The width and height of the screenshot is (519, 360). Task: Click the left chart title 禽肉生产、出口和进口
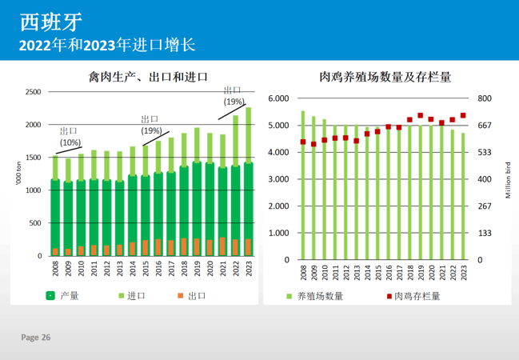[149, 78]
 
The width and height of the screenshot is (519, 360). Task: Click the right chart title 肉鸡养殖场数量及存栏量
[385, 78]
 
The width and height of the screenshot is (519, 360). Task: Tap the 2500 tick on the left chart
[33, 92]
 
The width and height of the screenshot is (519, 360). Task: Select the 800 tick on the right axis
[485, 98]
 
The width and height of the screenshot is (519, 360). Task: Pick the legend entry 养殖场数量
[320, 296]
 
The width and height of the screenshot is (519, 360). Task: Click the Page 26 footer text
[35, 338]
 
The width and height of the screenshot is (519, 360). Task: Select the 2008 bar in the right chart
[303, 184]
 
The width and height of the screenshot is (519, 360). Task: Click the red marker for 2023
[463, 115]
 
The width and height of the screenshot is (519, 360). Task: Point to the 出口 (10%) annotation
[70, 136]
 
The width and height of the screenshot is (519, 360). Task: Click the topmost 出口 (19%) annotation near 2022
[234, 96]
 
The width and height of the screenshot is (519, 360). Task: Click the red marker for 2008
[303, 142]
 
